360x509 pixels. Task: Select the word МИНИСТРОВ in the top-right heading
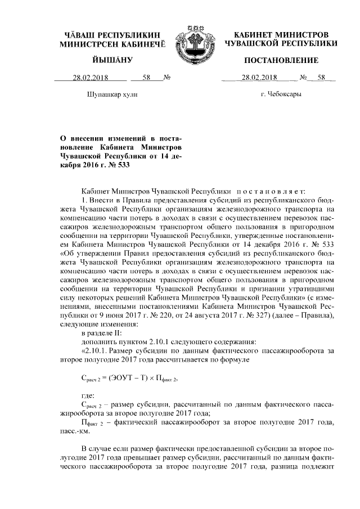coord(308,35)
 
